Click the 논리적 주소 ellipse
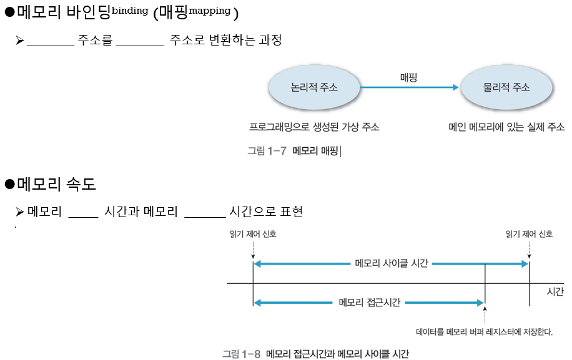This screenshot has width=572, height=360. (314, 88)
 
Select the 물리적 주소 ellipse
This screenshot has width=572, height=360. (506, 88)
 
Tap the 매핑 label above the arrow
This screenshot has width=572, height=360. (408, 77)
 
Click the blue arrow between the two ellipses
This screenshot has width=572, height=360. (409, 88)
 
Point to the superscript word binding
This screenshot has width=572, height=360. (130, 10)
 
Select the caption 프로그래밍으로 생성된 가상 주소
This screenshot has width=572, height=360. (314, 127)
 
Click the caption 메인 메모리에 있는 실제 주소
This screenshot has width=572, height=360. (506, 127)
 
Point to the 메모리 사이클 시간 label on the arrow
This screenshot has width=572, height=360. (391, 263)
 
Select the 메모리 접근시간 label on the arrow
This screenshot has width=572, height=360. (368, 303)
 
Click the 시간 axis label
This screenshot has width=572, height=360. (555, 291)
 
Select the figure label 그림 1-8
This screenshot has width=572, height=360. (242, 354)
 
